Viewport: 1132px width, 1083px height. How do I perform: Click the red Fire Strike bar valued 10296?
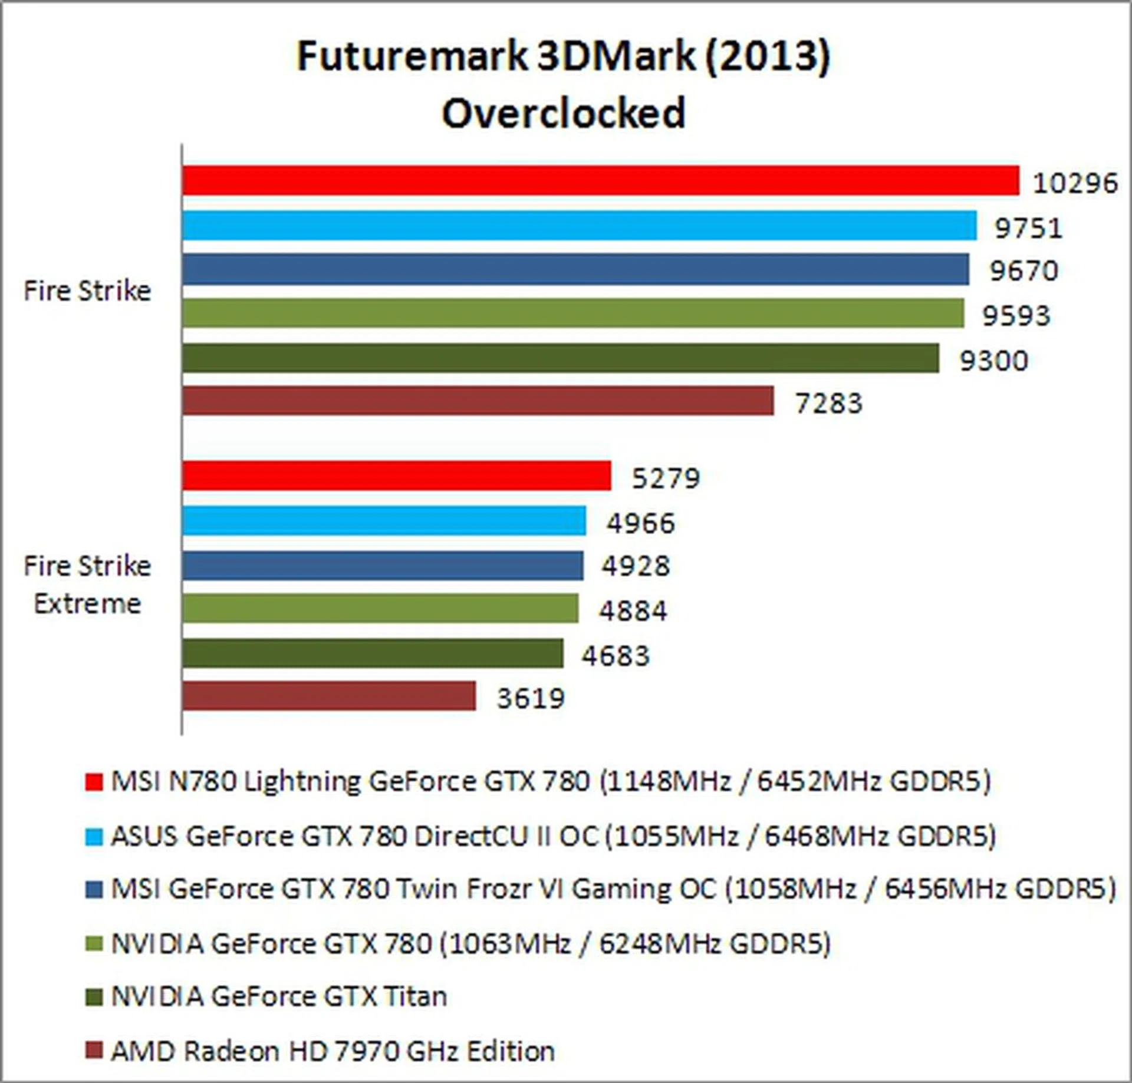tap(600, 180)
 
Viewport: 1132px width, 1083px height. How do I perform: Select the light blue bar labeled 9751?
tap(579, 226)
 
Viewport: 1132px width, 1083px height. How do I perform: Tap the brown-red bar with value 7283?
tap(478, 401)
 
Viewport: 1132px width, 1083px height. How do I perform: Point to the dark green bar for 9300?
tap(560, 358)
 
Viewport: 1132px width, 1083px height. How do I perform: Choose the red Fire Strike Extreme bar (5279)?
tap(396, 476)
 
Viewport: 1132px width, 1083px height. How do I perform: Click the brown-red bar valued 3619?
tap(328, 696)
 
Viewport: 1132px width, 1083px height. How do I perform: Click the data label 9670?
tap(1024, 271)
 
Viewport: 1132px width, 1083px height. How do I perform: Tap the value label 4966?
tap(640, 523)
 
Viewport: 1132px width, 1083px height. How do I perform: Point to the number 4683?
tap(616, 655)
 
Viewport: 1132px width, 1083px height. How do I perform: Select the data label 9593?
tap(1016, 316)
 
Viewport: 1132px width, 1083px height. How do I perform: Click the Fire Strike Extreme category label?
tap(87, 585)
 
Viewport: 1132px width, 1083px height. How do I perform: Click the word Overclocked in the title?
tap(564, 113)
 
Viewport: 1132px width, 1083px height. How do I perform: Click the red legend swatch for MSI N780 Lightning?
tap(94, 782)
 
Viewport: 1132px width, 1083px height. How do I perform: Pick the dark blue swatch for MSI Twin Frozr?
tap(94, 889)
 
